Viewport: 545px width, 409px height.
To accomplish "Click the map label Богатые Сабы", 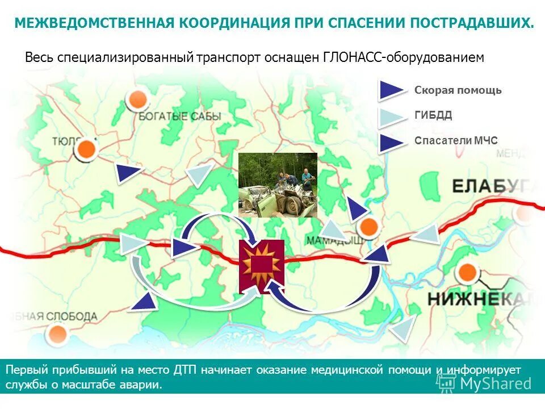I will [x=179, y=116].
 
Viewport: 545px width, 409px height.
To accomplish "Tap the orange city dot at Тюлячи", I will [x=86, y=150].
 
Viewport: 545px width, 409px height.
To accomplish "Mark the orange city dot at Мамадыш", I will [x=369, y=227].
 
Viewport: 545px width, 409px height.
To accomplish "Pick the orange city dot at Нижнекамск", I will [x=467, y=273].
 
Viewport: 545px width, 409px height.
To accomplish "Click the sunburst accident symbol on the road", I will [x=261, y=266].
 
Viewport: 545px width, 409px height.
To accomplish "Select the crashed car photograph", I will [x=278, y=185].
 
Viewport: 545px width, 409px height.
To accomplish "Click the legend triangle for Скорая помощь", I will [x=391, y=90].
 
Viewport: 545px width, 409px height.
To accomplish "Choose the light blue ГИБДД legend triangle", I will [x=391, y=116].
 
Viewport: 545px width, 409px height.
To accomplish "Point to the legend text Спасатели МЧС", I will [x=456, y=140].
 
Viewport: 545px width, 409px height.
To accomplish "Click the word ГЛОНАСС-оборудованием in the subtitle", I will [x=404, y=57].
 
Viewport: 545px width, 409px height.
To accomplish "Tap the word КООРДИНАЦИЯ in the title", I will [x=233, y=23].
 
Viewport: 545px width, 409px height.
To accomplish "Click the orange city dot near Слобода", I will [x=56, y=333].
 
